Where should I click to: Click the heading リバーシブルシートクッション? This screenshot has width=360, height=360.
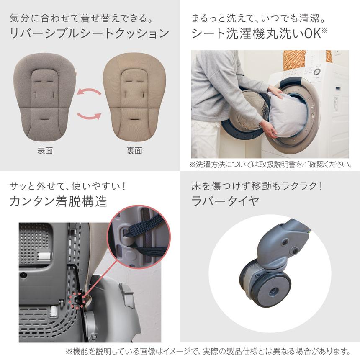89,33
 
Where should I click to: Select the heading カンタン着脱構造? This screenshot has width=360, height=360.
59,201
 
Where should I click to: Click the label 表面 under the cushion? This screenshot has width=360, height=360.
45,151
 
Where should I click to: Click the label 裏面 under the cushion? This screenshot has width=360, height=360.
134,151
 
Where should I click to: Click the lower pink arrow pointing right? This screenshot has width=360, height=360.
90,115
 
